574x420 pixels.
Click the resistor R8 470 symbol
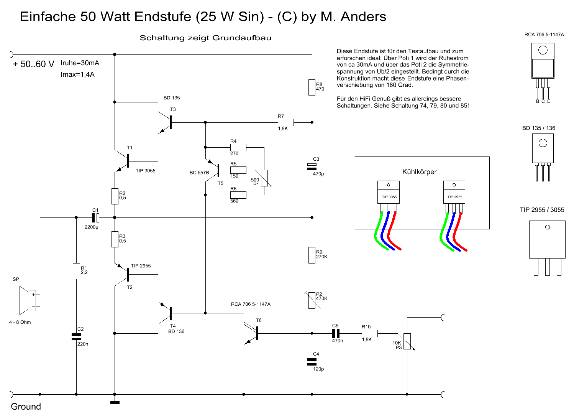(x=312, y=87)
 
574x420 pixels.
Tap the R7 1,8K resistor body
(x=285, y=122)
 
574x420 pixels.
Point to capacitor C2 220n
(x=76, y=337)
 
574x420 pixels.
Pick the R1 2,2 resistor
(x=76, y=271)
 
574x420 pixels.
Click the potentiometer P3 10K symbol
(x=407, y=341)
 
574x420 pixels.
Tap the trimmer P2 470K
(x=312, y=300)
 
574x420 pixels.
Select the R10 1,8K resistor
(x=369, y=333)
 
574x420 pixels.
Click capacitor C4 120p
(x=312, y=362)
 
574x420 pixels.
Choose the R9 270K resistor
(x=312, y=255)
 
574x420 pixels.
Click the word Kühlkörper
(x=419, y=172)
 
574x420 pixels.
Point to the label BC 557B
(x=199, y=173)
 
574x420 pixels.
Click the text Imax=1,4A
(x=77, y=74)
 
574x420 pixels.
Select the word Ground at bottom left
(x=26, y=407)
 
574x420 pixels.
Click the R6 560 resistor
(x=238, y=195)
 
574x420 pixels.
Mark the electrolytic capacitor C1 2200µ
(x=96, y=218)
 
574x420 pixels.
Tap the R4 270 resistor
(x=238, y=147)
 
